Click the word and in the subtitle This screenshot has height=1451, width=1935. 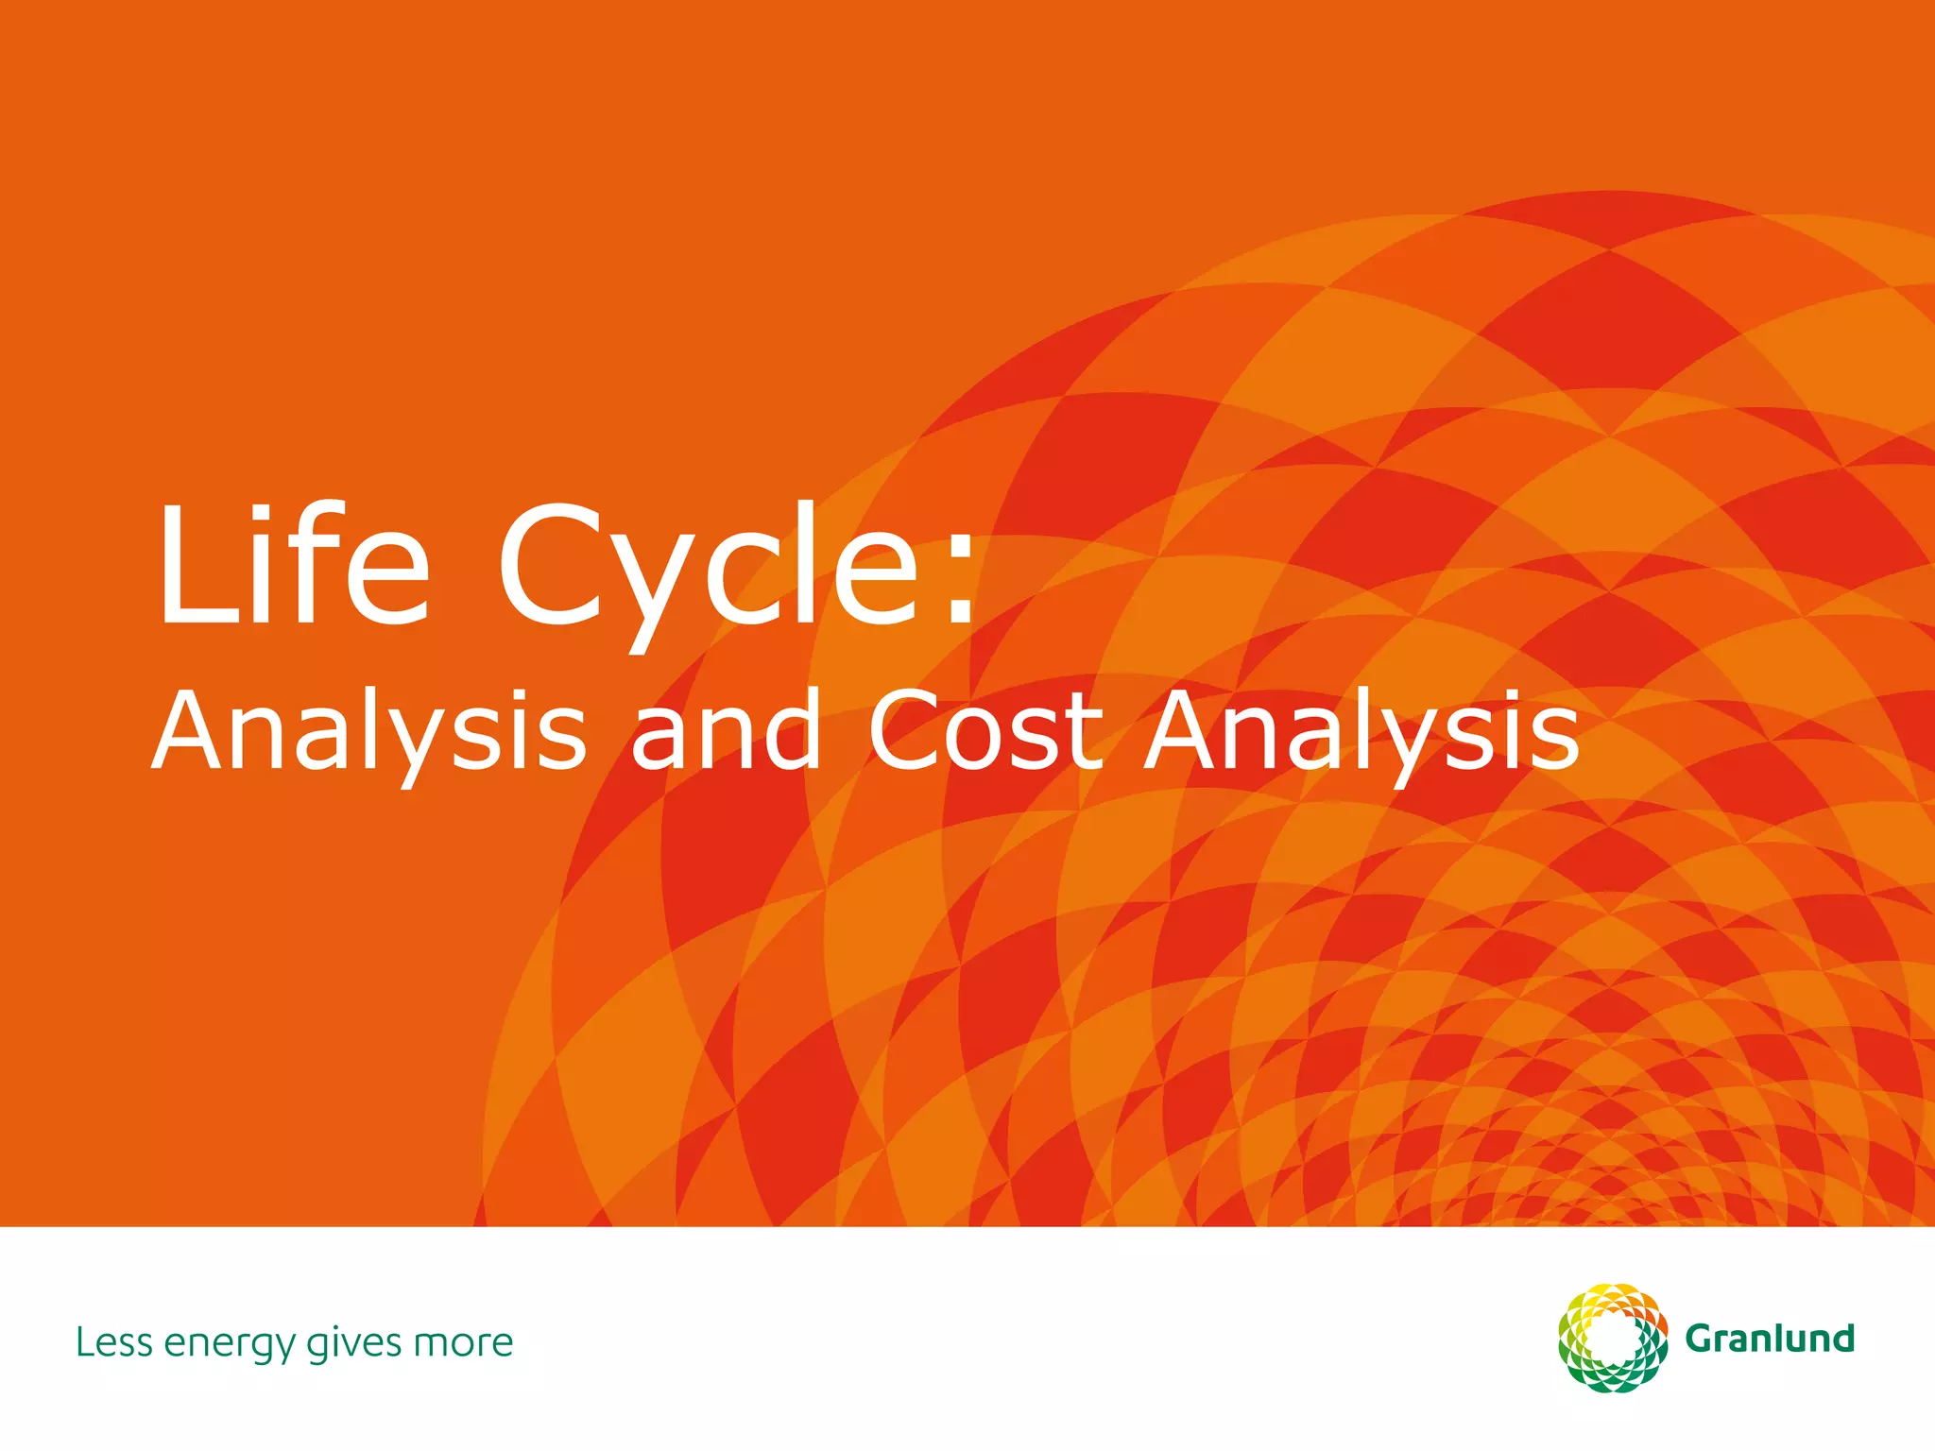click(x=726, y=730)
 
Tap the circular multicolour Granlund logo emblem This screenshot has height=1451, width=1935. click(x=1613, y=1338)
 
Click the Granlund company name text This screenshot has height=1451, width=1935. click(x=1770, y=1339)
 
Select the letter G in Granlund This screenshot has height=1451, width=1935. click(x=1702, y=1340)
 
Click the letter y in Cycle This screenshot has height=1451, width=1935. click(x=651, y=590)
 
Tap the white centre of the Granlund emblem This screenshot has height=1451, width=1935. click(x=1613, y=1339)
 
